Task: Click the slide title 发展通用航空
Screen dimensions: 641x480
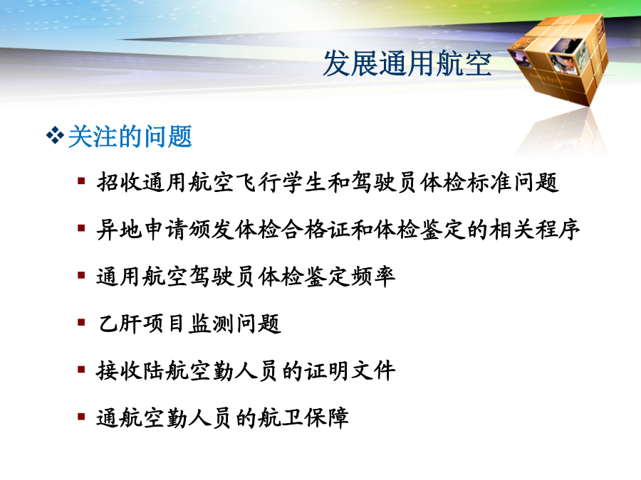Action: tap(407, 64)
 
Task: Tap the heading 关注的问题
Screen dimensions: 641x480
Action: tap(130, 136)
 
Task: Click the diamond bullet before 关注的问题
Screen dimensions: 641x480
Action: tap(55, 136)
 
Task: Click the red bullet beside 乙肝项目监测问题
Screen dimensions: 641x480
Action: tap(81, 323)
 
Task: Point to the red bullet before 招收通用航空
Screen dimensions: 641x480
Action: tap(81, 181)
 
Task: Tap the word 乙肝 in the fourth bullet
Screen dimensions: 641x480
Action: tap(120, 324)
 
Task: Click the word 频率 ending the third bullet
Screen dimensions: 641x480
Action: tap(372, 277)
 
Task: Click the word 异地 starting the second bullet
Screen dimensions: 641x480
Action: tap(120, 229)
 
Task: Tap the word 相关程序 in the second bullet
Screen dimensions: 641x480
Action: tap(535, 229)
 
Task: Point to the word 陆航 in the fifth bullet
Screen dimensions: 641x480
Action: tap(165, 371)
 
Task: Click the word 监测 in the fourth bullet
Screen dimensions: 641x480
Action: tap(212, 324)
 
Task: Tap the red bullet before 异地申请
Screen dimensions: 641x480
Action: tap(81, 228)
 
